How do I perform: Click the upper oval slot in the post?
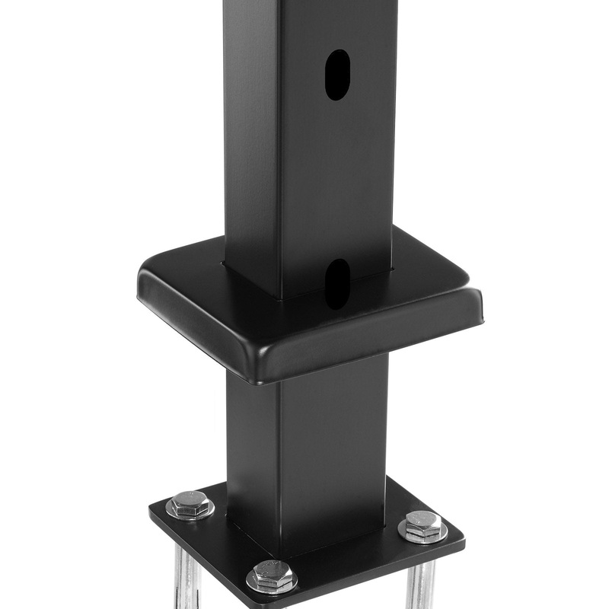point(337,75)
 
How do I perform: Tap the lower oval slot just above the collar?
point(337,282)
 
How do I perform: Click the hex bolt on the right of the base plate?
point(423,525)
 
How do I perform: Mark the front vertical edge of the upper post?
point(280,152)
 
